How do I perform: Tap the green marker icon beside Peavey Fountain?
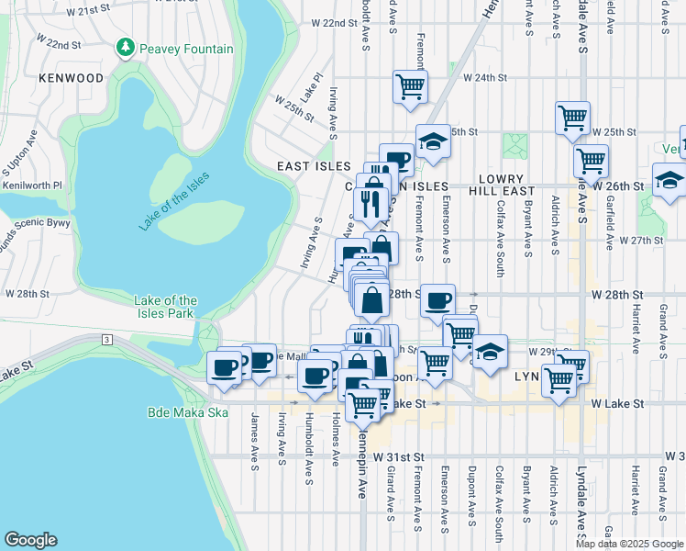pos(124,47)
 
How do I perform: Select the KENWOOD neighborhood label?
pos(72,79)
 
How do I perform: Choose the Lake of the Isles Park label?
pos(165,307)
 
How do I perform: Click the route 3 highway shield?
pos(107,340)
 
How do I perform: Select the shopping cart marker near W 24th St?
pos(410,86)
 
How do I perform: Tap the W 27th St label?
pos(640,240)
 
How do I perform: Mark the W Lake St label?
pos(614,403)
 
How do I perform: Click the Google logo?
pos(31,540)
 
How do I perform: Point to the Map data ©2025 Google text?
pos(629,544)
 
